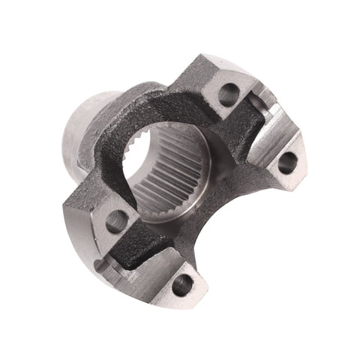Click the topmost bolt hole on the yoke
point(229,94)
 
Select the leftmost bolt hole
point(116,221)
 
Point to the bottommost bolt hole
point(182,283)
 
